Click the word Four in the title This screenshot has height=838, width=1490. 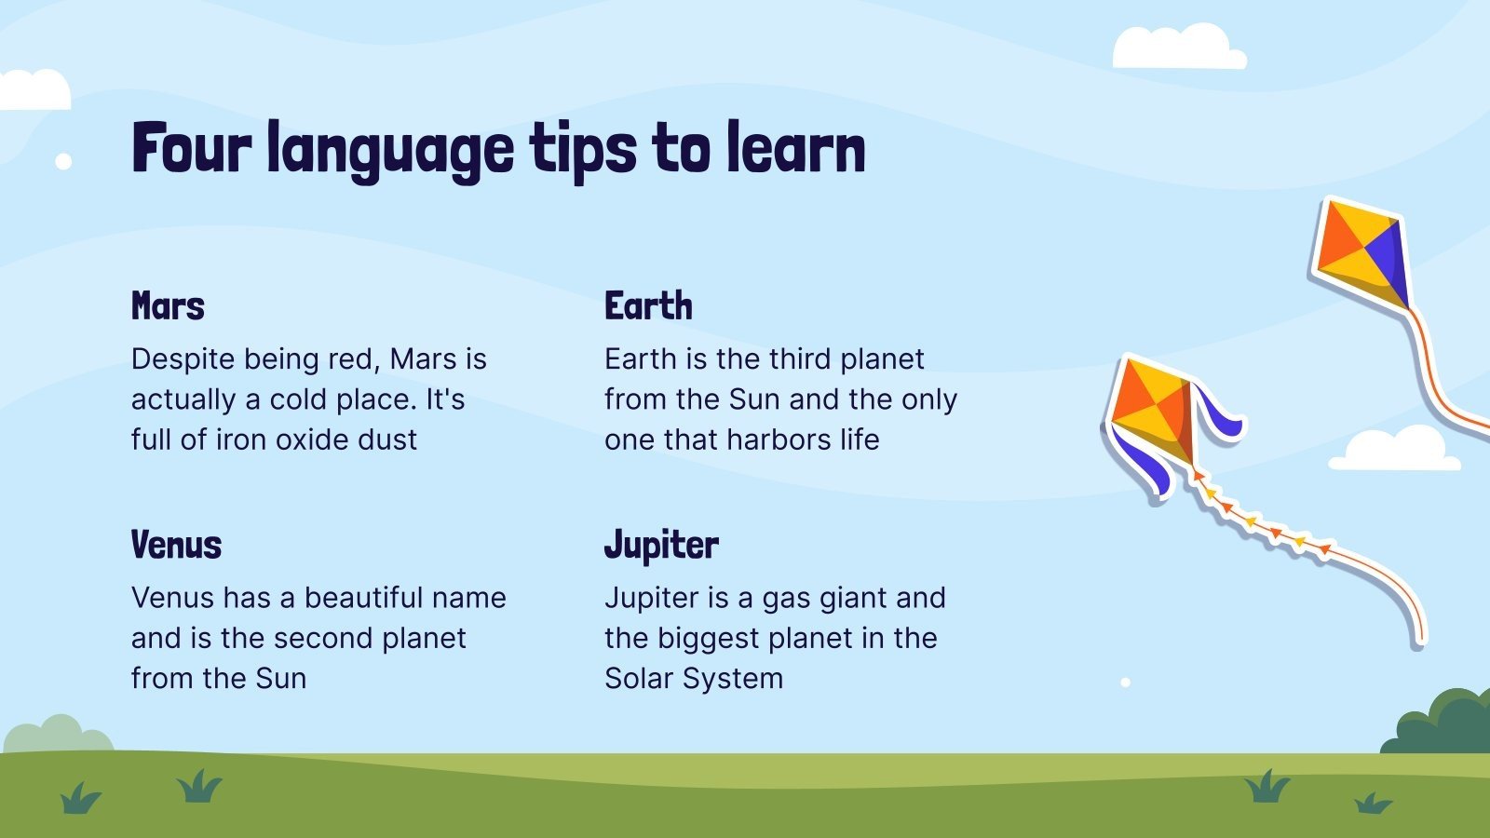[x=192, y=148]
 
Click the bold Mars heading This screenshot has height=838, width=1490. [x=168, y=306]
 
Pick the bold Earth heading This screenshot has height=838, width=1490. [x=648, y=306]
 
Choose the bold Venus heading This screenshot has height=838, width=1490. [x=176, y=545]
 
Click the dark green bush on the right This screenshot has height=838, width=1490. [x=1444, y=723]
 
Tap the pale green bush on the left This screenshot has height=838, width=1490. [x=58, y=735]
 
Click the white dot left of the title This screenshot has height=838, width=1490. [x=63, y=161]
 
